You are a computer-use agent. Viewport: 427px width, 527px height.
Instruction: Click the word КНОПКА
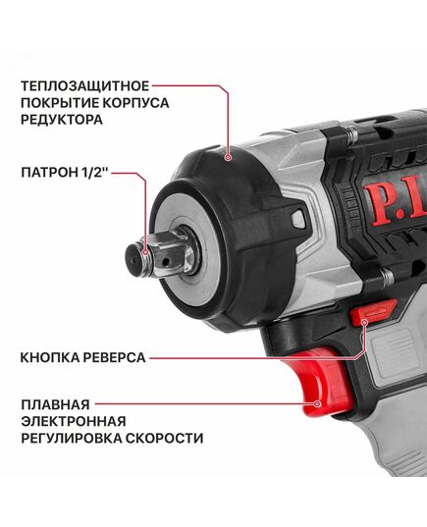(x=46, y=358)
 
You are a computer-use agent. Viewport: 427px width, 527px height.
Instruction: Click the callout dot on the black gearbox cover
(x=229, y=154)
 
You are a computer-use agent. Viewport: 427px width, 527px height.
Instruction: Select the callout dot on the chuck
(x=144, y=254)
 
